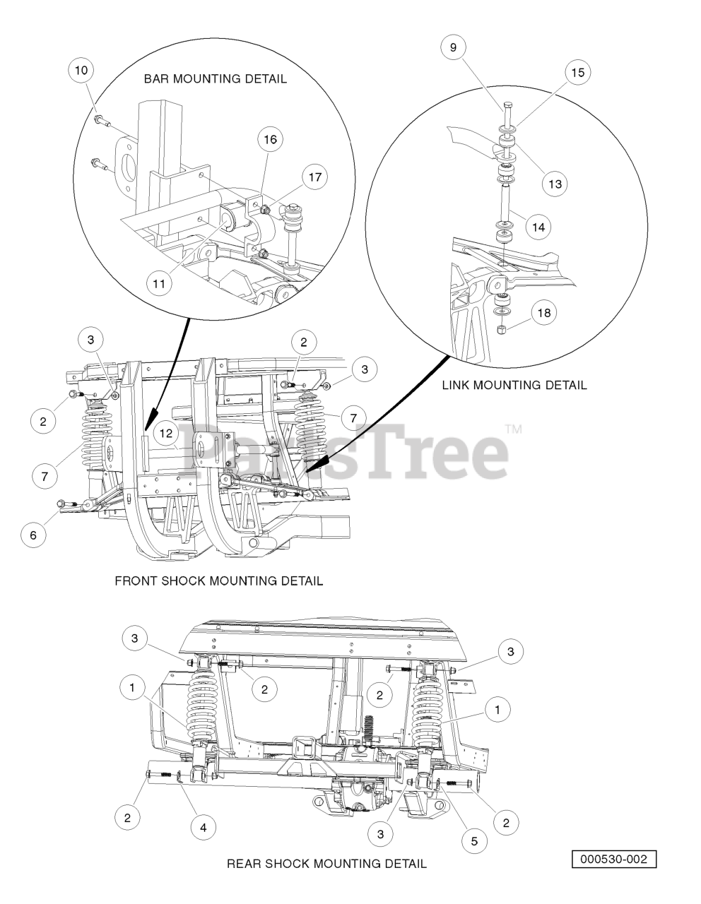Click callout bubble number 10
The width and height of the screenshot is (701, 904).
point(81,71)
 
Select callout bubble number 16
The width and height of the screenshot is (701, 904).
point(270,140)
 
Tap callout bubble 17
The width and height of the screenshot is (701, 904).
point(315,177)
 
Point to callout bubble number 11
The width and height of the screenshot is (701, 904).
point(160,284)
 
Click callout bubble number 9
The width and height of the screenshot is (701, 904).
point(453,48)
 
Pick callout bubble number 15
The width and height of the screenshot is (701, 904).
point(578,73)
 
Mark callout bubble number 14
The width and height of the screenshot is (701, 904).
point(538,227)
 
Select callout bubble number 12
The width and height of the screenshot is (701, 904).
point(165,434)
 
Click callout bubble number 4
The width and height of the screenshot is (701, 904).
point(203,826)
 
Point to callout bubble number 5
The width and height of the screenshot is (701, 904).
point(475,841)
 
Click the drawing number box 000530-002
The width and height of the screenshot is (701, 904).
point(614,860)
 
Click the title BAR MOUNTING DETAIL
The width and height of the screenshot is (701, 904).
point(216,79)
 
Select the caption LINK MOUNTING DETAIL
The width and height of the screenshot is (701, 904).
point(514,386)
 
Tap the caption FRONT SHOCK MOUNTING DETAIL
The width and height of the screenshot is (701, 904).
point(218,581)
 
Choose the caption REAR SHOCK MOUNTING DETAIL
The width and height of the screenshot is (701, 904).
point(326,864)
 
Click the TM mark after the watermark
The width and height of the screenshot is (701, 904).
point(514,429)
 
